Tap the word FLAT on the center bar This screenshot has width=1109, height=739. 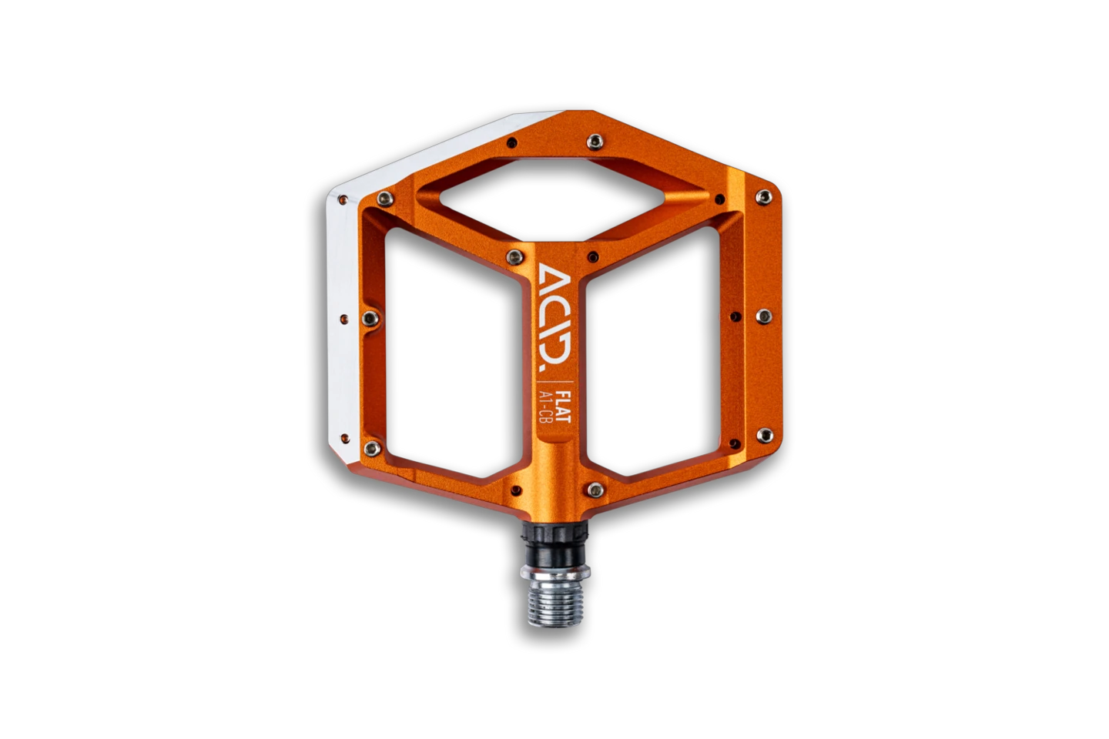tap(563, 406)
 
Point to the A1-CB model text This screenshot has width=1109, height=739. tap(545, 406)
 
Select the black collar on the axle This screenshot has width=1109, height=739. tap(554, 544)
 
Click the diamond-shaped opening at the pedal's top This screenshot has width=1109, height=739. tap(552, 199)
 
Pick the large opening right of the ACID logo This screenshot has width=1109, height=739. tap(652, 352)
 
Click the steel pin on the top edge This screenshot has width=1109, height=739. tap(595, 142)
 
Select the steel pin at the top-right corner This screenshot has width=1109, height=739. tap(763, 197)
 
